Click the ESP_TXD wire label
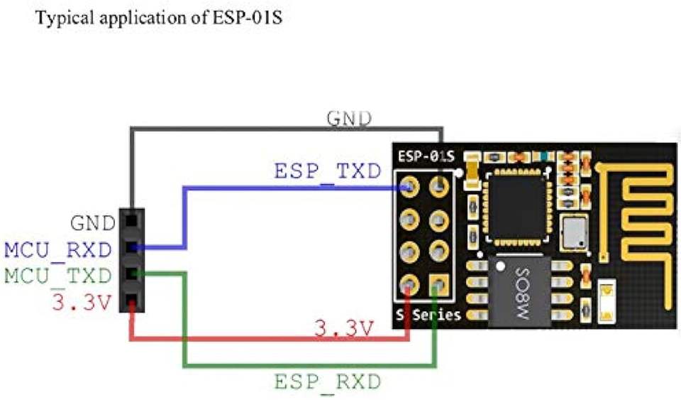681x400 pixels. tap(327, 173)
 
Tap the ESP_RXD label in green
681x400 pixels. tap(328, 382)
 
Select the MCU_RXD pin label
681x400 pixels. tap(58, 249)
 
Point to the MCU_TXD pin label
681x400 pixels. tap(58, 275)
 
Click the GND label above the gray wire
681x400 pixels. tap(348, 118)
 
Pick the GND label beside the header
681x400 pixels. tap(92, 224)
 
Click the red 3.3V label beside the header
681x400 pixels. tap(82, 303)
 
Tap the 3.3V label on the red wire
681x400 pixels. tap(343, 328)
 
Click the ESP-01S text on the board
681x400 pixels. tap(426, 156)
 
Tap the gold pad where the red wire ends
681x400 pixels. tap(409, 286)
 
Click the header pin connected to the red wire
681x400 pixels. tap(132, 303)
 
